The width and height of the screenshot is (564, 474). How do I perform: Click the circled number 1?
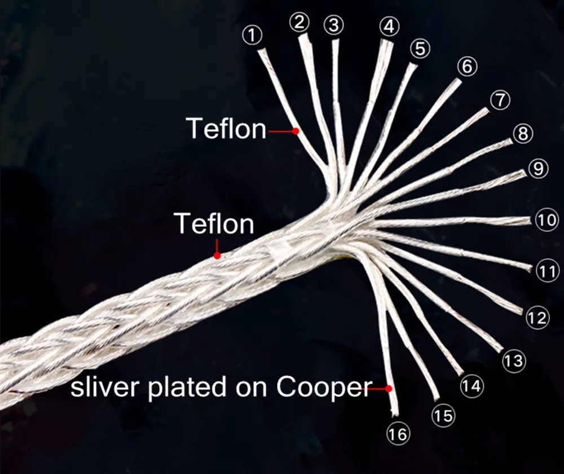point(253,36)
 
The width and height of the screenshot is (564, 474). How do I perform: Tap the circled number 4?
point(390,27)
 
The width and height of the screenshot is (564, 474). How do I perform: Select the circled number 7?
point(500,100)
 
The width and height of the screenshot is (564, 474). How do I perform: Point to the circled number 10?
point(547,220)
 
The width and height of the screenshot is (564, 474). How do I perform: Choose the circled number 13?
point(514,361)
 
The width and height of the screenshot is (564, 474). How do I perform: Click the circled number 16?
point(398,434)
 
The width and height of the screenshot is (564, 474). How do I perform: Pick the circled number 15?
point(443,416)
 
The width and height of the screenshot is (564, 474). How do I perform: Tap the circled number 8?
point(523,133)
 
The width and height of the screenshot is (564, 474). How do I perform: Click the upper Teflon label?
point(226,129)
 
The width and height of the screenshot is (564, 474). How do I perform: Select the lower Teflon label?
point(214,223)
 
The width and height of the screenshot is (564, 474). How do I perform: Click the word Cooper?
point(324,388)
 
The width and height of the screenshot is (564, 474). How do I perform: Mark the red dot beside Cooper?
point(388,389)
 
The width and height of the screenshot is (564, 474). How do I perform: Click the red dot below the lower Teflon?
point(217,256)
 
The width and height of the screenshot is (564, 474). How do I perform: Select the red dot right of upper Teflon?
point(296,131)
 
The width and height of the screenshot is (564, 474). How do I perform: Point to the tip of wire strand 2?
point(303,37)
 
